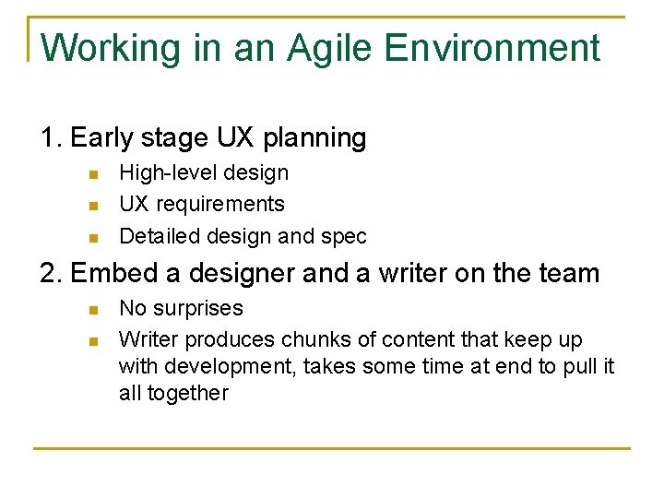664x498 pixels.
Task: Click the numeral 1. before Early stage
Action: point(52,138)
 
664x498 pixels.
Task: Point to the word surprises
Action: point(198,309)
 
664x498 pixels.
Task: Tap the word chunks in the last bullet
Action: point(314,339)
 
